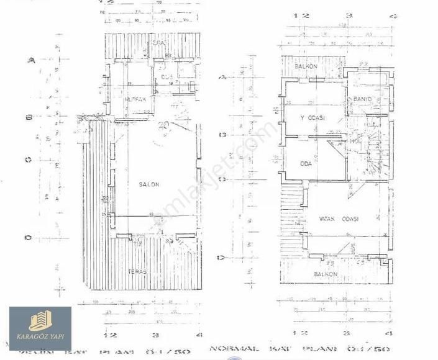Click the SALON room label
click(149, 184)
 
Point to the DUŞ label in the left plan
click(166, 78)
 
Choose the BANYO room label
click(362, 99)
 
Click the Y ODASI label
click(313, 118)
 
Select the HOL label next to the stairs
click(355, 141)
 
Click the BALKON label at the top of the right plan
click(306, 66)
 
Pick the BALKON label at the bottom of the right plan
click(326, 274)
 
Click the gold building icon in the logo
click(40, 321)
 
